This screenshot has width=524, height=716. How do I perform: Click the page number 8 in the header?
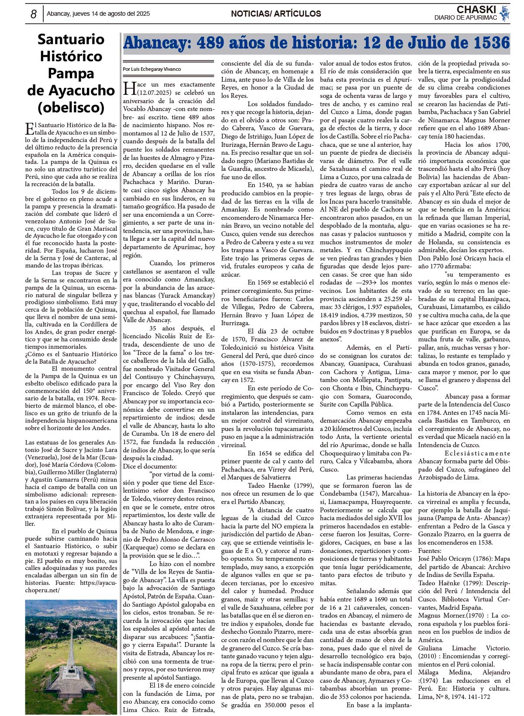coord(34,14)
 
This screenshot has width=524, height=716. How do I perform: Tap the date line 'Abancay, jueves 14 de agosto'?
coord(98,14)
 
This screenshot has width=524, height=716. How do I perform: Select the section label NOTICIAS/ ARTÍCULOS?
coord(276,14)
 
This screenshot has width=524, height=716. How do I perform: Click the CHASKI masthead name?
coord(476,10)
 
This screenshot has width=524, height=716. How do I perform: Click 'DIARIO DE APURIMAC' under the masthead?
coord(465,18)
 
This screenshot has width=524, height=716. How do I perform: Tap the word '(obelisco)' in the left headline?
coord(71,107)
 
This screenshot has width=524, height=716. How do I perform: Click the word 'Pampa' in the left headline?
coord(71,73)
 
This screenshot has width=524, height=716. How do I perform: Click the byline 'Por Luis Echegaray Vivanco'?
coord(152,69)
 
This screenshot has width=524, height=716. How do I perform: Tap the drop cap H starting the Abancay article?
coord(130,88)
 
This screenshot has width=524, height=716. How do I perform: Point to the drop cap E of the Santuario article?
coord(30,129)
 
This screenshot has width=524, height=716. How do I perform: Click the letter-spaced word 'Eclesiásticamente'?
coord(477,453)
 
